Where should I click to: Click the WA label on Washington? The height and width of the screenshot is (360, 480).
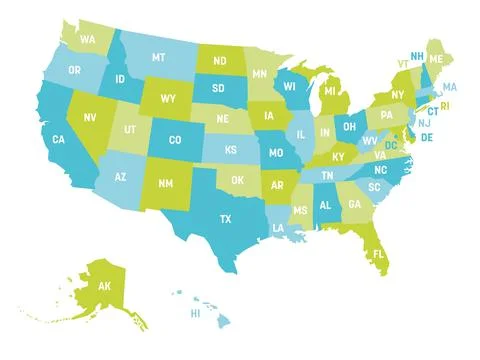(88, 40)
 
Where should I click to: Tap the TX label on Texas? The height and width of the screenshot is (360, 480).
(226, 218)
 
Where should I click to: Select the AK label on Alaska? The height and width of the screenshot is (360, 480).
(105, 285)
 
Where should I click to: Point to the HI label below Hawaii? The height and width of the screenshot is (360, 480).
(196, 312)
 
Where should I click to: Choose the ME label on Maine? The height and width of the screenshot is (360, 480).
(437, 59)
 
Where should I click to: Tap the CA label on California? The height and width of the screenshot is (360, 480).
(59, 139)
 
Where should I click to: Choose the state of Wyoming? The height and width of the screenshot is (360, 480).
(167, 99)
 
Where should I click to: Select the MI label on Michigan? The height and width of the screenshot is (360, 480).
(329, 92)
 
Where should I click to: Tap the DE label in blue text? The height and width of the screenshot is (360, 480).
(426, 137)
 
